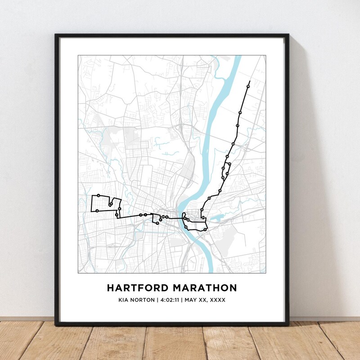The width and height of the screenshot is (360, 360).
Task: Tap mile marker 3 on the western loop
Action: pos(97,211)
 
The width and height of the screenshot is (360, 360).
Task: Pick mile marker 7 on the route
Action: pos(141,215)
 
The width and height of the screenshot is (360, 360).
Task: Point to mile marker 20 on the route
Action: pos(233,144)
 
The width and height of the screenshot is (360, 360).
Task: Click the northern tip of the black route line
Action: pos(248,81)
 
